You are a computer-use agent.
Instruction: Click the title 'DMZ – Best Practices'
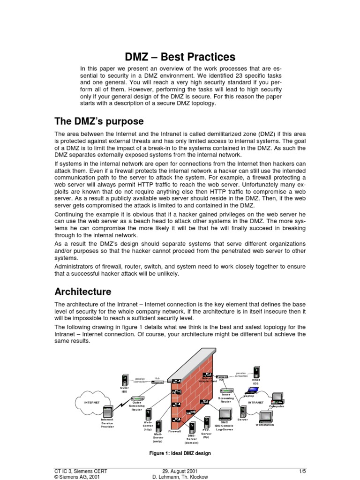coord(180,57)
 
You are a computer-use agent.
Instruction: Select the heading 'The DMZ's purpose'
coord(99,121)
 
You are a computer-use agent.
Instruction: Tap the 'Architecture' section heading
coord(83,292)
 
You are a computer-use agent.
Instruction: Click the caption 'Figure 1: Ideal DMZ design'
coord(180,453)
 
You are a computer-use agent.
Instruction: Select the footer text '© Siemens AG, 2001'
coord(77,477)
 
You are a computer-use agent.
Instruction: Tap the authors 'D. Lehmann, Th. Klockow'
coord(180,477)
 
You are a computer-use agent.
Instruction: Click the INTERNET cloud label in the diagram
coord(91,402)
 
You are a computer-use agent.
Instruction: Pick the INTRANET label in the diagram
coord(255,402)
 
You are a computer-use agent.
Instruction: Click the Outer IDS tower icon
coord(125,380)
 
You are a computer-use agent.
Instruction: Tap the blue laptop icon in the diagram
coord(249,390)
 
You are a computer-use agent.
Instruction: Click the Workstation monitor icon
coord(265,416)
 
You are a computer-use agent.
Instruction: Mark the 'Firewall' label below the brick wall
coord(174,431)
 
